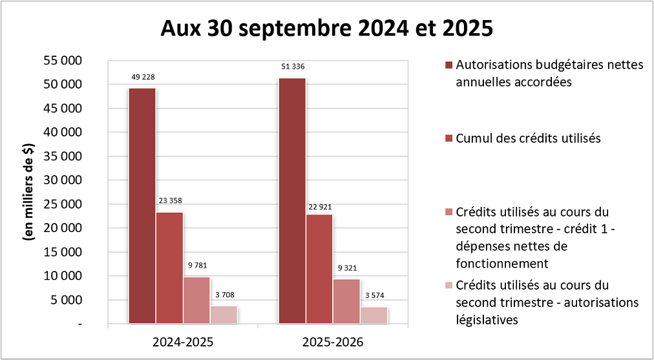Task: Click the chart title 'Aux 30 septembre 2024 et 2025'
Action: [326, 29]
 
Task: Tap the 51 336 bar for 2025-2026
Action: [292, 200]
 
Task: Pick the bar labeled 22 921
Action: [319, 268]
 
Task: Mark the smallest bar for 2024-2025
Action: [224, 314]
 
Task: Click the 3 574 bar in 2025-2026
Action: [374, 315]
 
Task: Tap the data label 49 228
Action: [142, 77]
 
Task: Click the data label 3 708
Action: [224, 295]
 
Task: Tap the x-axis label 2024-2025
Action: [182, 341]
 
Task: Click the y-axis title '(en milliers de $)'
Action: [29, 192]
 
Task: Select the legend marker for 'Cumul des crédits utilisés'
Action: [449, 138]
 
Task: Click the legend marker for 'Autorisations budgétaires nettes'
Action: [449, 65]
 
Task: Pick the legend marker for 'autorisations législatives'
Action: [449, 285]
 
